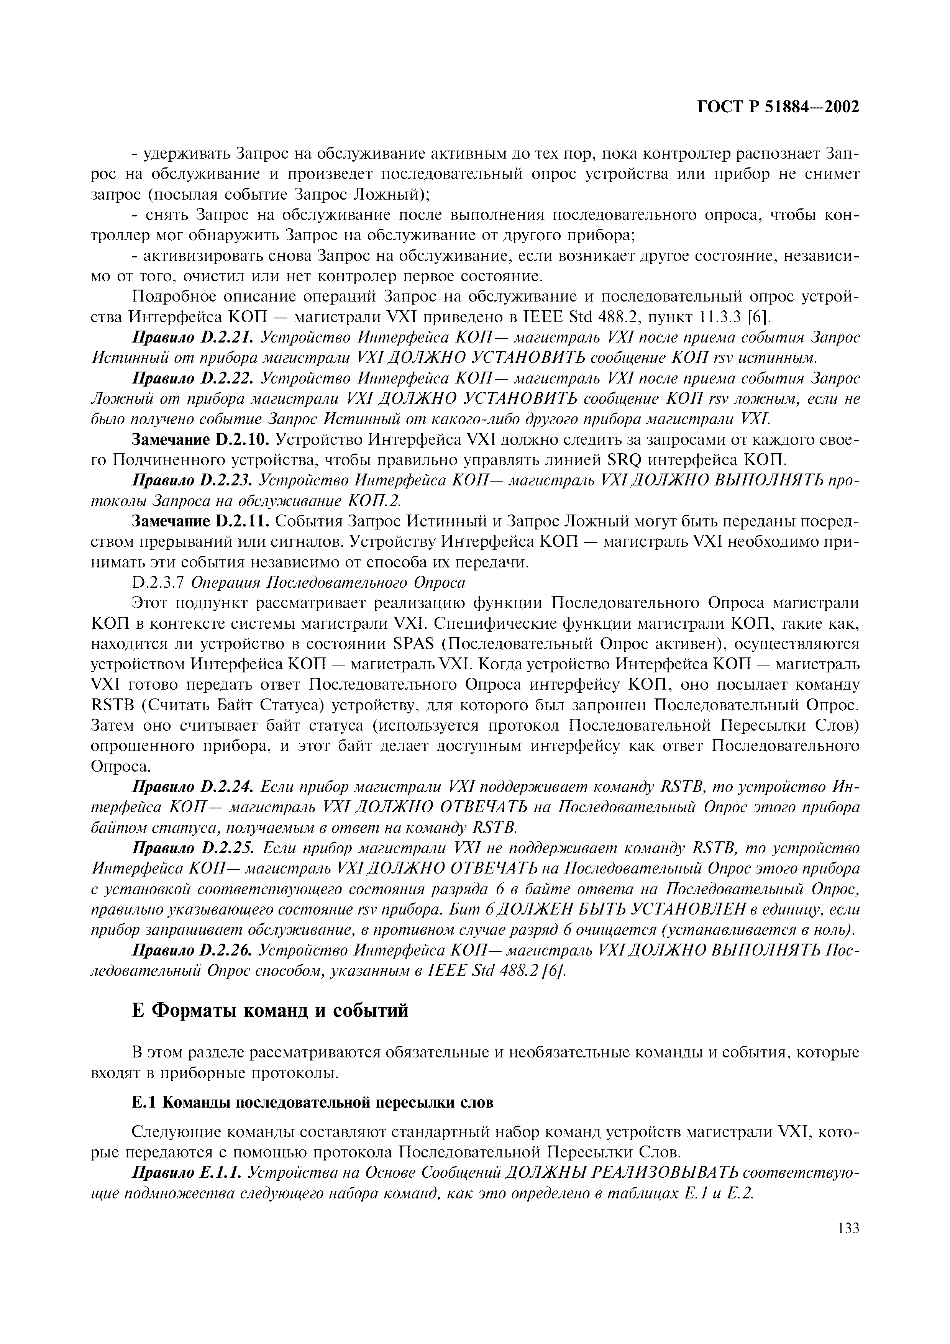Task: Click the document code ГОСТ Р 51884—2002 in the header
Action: pyautogui.click(x=778, y=107)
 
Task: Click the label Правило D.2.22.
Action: pyautogui.click(x=193, y=379)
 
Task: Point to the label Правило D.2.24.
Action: pyautogui.click(x=193, y=787)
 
